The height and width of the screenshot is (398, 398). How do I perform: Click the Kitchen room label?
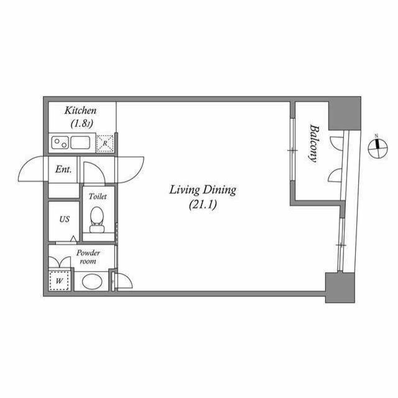click(x=81, y=111)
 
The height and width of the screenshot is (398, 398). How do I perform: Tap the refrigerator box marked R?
click(x=106, y=143)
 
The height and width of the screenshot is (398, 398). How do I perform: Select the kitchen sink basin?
click(x=81, y=142)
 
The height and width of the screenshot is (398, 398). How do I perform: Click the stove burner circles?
click(x=60, y=142)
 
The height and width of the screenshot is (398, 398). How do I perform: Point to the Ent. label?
click(x=63, y=169)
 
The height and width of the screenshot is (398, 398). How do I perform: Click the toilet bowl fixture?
click(x=97, y=218)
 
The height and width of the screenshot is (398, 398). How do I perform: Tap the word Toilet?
click(x=98, y=197)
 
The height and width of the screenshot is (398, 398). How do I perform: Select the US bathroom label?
click(x=64, y=219)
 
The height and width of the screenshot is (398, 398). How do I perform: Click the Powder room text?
click(x=88, y=257)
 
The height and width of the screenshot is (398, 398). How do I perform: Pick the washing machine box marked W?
click(x=60, y=280)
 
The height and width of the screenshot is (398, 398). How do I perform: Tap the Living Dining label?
click(x=203, y=190)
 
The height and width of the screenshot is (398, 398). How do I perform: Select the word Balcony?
click(x=314, y=143)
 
